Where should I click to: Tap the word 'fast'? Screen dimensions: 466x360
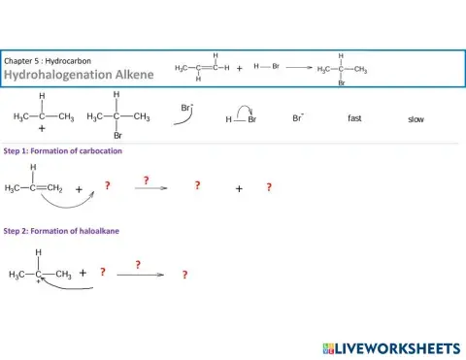coord(354,118)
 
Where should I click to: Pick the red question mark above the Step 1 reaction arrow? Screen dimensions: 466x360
coord(146,180)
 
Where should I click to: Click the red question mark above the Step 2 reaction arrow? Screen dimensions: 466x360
coord(138,264)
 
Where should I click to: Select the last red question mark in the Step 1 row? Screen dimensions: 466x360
coord(269,187)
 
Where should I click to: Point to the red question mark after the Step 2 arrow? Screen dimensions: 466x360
coord(183,275)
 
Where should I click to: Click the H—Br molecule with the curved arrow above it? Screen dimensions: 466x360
coord(241,118)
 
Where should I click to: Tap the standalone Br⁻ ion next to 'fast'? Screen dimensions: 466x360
coord(298,118)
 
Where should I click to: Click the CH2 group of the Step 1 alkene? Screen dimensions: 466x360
coord(54,188)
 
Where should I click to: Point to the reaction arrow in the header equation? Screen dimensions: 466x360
coord(298,68)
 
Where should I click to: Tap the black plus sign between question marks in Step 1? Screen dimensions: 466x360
coord(238,189)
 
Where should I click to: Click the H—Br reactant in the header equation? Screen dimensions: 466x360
coord(266,66)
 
